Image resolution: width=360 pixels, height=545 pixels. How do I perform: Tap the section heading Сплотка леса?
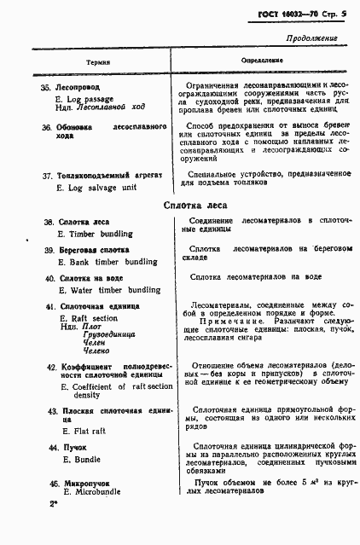pyautogui.click(x=195, y=204)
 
